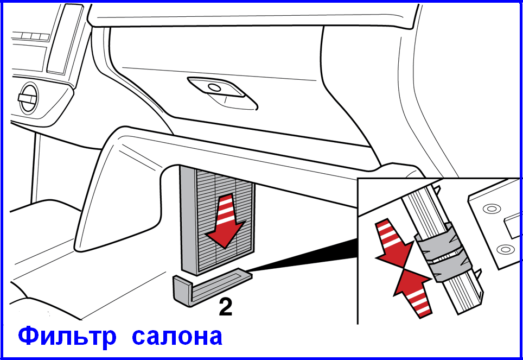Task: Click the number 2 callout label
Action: [226, 307]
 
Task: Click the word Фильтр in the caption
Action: [67, 336]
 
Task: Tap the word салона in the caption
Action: [177, 337]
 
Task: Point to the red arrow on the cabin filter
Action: [226, 221]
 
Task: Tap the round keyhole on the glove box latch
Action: [214, 87]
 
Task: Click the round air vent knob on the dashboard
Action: [29, 98]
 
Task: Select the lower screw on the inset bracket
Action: [506, 249]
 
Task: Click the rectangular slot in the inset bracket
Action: [513, 227]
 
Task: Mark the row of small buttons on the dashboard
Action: [31, 36]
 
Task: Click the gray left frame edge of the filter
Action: [188, 220]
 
